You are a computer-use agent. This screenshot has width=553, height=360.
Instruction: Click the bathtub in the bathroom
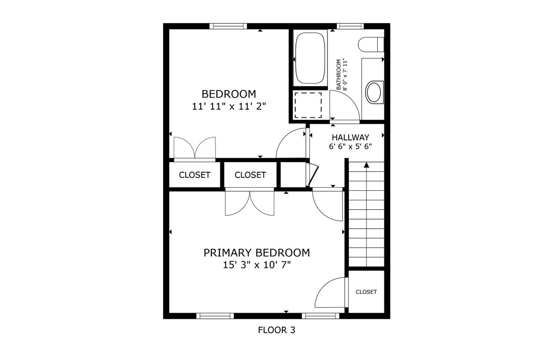[x=310, y=58]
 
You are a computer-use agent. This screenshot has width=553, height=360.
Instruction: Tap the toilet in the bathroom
[x=371, y=44]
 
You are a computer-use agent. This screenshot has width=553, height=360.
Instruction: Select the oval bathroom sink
[x=373, y=92]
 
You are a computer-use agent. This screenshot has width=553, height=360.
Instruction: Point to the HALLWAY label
[x=350, y=137]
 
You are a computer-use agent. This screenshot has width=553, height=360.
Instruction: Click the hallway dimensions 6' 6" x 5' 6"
[x=350, y=147]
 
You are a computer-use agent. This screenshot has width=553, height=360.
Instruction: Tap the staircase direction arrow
[x=366, y=165]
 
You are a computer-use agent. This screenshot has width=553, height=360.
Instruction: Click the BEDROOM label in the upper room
[x=228, y=94]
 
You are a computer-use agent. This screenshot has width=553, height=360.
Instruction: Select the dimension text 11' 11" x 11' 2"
[x=228, y=106]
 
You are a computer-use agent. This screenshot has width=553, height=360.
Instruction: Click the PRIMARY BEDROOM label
[x=256, y=252]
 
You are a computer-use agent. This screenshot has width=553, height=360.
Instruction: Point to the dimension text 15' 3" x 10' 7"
[x=256, y=264]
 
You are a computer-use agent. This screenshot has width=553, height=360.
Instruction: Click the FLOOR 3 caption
[x=276, y=330]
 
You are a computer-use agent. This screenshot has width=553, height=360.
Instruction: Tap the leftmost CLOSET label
[x=194, y=175]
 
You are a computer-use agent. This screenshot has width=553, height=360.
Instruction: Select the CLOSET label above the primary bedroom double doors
[x=250, y=175]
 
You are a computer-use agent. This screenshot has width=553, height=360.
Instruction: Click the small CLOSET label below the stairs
[x=366, y=292]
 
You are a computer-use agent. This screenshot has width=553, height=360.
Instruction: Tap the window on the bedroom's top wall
[x=228, y=26]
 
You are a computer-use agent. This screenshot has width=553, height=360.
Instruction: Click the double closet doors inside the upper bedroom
[x=195, y=148]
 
